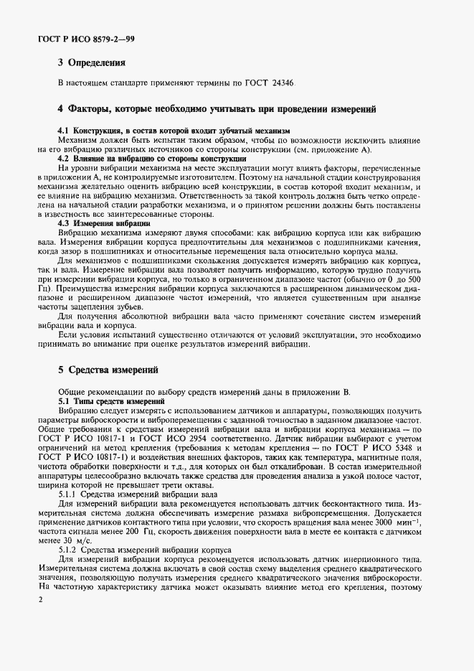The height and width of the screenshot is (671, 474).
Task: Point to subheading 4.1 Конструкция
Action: pyautogui.click(x=173, y=131)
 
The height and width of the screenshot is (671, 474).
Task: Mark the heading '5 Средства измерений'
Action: pyautogui.click(x=108, y=370)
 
